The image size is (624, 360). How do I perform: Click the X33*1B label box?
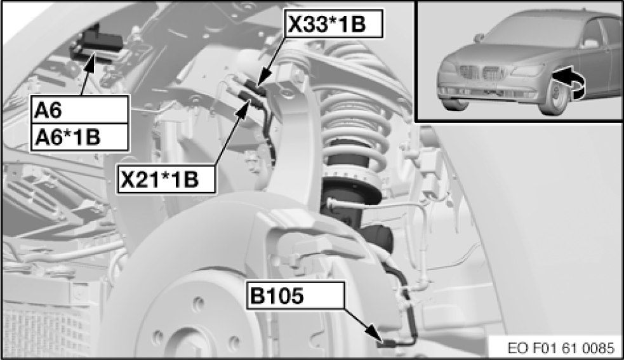[x=333, y=24]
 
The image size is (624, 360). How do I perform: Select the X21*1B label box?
[x=166, y=179]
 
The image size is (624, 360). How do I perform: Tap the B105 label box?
[x=295, y=295]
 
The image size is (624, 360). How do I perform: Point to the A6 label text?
[x=48, y=110]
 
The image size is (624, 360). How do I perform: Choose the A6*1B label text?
[x=68, y=137]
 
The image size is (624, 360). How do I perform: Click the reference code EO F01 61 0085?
[x=561, y=348]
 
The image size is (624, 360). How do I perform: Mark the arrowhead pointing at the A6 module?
[x=91, y=60]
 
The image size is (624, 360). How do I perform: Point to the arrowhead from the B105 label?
[x=375, y=332]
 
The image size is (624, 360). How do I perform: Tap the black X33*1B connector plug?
[x=255, y=87]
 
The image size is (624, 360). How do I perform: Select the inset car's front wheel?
[x=556, y=96]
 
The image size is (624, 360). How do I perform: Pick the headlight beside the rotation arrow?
[x=528, y=70]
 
